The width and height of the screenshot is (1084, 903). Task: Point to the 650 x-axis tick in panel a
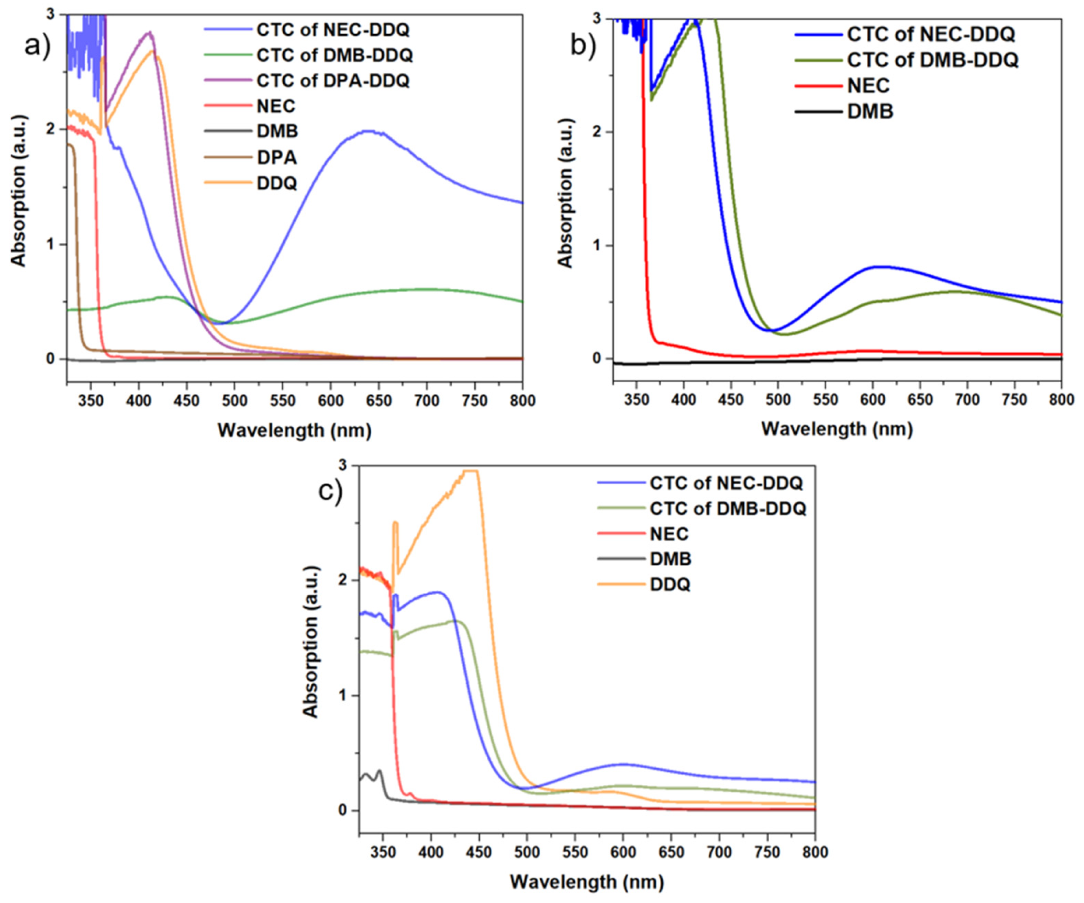tap(378, 401)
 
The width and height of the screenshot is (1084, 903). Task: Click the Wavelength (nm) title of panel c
tap(587, 881)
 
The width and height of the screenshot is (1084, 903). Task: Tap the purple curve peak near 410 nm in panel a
tap(150, 32)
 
